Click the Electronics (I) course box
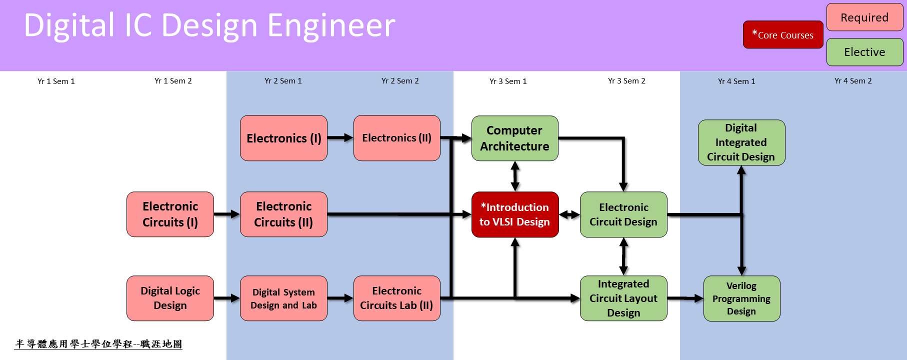coord(283,138)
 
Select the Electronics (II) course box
coord(396,138)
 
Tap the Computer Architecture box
coord(514,138)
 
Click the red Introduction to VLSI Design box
coord(514,214)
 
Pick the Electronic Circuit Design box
coord(623,214)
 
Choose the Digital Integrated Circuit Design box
coord(741,142)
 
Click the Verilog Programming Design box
coord(741,298)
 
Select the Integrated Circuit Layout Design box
coord(623,298)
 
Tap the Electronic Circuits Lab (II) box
coord(396,298)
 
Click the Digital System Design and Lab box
coord(283,298)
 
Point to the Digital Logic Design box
coord(170,298)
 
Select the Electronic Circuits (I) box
coord(170,214)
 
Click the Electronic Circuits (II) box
coord(283,214)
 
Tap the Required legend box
coord(864,17)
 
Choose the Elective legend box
coord(864,52)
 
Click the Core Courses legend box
coord(782,35)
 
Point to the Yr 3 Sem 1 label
coord(508,81)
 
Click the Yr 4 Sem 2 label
coord(853,81)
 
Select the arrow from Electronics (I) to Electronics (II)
coord(340,138)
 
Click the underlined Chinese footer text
coord(98,344)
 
